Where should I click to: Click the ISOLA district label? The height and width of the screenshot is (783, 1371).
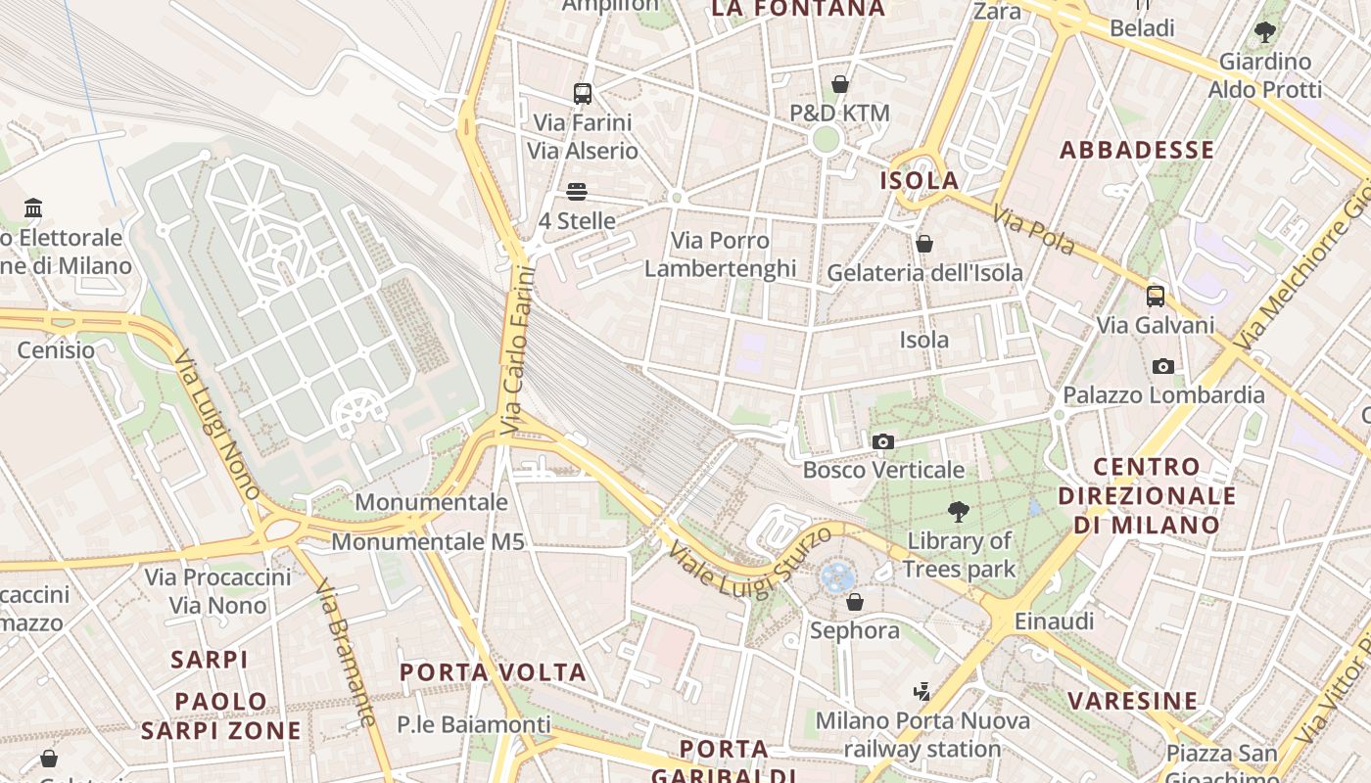(x=919, y=181)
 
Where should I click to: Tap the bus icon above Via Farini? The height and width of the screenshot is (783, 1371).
(x=583, y=94)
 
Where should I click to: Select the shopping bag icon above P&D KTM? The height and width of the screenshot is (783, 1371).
(x=839, y=84)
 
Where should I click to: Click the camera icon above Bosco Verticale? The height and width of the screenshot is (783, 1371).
(x=883, y=441)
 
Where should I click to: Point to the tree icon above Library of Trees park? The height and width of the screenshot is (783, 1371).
(x=959, y=511)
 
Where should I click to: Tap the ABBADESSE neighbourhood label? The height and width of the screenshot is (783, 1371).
(x=1137, y=150)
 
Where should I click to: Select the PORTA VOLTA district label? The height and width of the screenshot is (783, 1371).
(x=493, y=672)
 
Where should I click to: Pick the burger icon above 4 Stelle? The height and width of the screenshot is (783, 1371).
(x=577, y=192)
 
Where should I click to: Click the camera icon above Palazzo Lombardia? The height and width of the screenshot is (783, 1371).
(x=1163, y=367)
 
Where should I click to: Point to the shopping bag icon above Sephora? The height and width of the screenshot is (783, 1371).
(x=855, y=602)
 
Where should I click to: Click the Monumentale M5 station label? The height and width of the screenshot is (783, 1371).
(x=428, y=541)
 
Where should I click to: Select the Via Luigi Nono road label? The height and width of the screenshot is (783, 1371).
(x=216, y=424)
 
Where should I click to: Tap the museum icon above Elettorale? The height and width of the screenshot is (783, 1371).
(x=34, y=207)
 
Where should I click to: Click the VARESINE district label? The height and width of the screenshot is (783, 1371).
(x=1132, y=701)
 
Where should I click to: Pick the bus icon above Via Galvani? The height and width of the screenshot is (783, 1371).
(x=1156, y=296)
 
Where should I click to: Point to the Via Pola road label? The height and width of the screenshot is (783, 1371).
(x=1033, y=230)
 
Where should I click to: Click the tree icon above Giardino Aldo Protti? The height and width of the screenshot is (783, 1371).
(x=1265, y=32)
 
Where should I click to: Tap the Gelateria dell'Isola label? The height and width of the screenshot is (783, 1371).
(x=924, y=273)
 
